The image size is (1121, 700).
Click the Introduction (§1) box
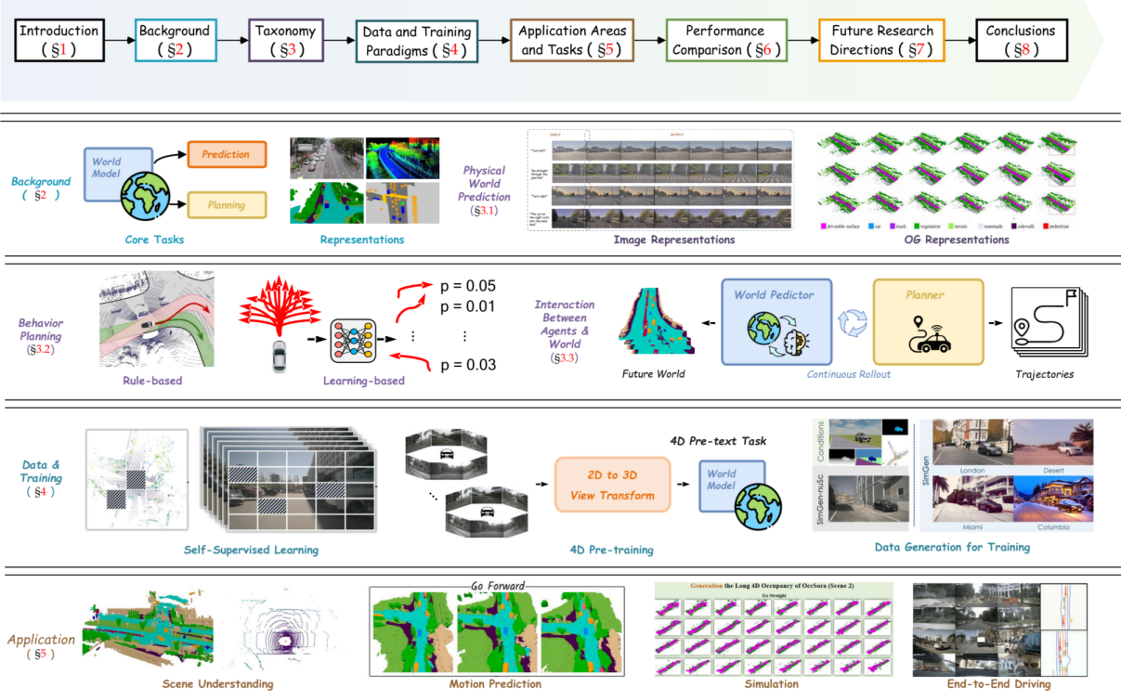[59, 39]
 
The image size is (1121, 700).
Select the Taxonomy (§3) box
[286, 39]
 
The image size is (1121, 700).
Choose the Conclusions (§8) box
[1022, 39]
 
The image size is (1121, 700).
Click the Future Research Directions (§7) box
[880, 39]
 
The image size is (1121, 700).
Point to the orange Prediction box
[225, 155]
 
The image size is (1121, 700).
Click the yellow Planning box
[227, 205]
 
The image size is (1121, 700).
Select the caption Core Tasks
[154, 240]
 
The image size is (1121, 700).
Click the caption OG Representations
[944, 240]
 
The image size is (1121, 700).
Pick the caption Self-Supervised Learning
[251, 550]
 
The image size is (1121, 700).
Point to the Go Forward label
[498, 586]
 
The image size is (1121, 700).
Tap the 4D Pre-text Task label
[717, 441]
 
